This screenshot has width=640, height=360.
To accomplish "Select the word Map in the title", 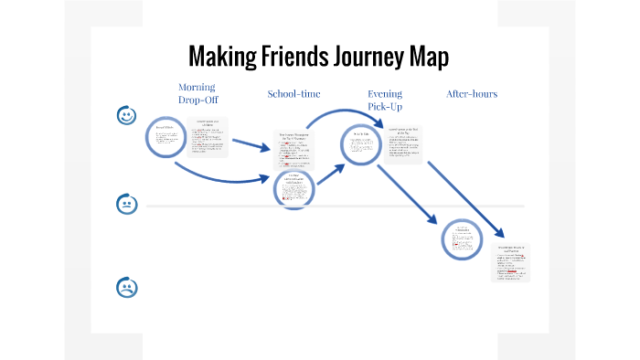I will pyautogui.click(x=428, y=57).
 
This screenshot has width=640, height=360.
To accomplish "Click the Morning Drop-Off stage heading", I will pyautogui.click(x=198, y=93).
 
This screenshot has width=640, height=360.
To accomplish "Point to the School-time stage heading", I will pyautogui.click(x=293, y=94).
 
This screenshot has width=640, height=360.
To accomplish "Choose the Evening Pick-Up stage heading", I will pyautogui.click(x=384, y=100).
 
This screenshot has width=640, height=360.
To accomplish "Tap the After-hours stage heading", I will pyautogui.click(x=472, y=94).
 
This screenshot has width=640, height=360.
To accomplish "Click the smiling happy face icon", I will pyautogui.click(x=127, y=116).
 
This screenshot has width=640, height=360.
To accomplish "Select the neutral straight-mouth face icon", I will pyautogui.click(x=127, y=204).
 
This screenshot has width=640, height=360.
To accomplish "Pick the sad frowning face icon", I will pyautogui.click(x=127, y=288).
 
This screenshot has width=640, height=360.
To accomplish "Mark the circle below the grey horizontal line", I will pyautogui.click(x=462, y=238).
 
